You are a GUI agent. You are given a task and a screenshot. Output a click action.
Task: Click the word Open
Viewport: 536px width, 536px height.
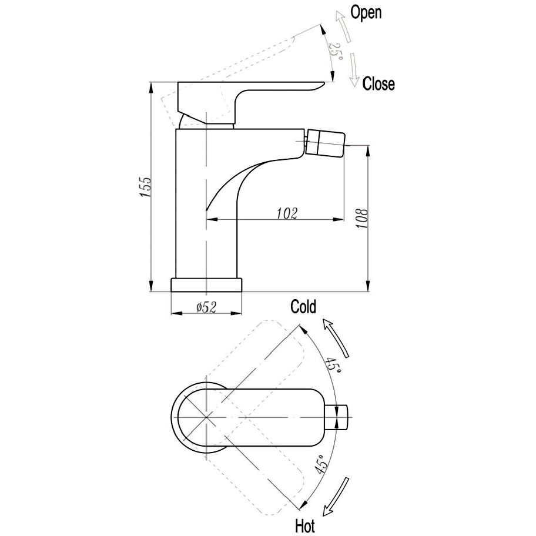[366, 12]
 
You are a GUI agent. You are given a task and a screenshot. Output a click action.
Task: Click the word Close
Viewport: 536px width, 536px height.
[378, 84]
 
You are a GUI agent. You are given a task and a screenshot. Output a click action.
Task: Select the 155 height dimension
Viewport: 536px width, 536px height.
[146, 187]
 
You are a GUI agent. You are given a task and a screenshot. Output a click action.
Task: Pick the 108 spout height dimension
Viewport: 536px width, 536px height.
[361, 219]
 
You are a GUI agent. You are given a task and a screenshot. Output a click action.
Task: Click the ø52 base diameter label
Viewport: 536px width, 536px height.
[207, 306]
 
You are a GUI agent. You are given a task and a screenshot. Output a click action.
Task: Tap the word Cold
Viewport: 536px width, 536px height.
[303, 306]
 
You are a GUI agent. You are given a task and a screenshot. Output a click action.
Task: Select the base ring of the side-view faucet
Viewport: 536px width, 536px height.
[206, 284]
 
